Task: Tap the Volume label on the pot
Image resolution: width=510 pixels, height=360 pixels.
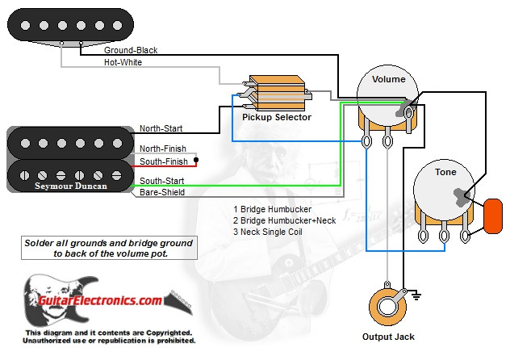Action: click(389, 80)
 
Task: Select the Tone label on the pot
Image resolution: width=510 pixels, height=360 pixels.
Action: click(445, 172)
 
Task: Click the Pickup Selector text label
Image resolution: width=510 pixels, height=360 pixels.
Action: click(277, 117)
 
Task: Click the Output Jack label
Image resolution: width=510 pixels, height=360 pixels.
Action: click(389, 337)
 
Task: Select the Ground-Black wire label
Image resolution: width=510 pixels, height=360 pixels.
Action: click(131, 50)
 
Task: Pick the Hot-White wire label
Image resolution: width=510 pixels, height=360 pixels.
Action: click(123, 62)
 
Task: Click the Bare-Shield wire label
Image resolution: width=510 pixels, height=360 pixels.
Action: click(162, 193)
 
